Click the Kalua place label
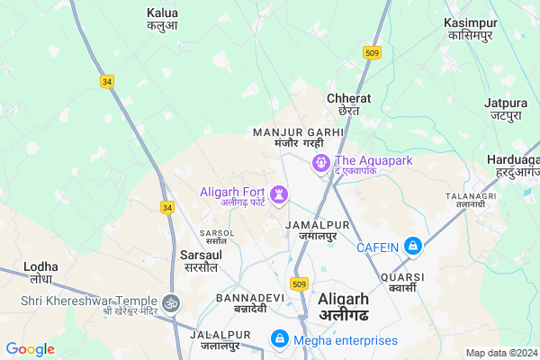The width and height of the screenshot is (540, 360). click(162, 20)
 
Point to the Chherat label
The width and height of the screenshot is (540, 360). click(343, 104)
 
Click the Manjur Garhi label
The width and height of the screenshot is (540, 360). click(299, 138)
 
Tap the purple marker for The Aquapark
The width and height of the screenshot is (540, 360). click(319, 163)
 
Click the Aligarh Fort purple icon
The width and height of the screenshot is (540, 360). click(281, 192)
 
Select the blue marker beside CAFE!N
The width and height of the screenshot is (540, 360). click(412, 244)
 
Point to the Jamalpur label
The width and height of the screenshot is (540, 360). click(311, 229)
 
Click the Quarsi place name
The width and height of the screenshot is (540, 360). click(398, 282)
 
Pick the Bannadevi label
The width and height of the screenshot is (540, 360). click(243, 302)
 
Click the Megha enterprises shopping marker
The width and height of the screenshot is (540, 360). click(280, 339)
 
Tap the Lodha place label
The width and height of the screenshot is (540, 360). click(41, 273)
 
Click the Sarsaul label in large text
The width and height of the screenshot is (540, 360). click(201, 261)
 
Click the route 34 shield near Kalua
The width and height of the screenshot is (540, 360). click(108, 82)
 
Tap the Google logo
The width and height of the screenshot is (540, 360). click(31, 349)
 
